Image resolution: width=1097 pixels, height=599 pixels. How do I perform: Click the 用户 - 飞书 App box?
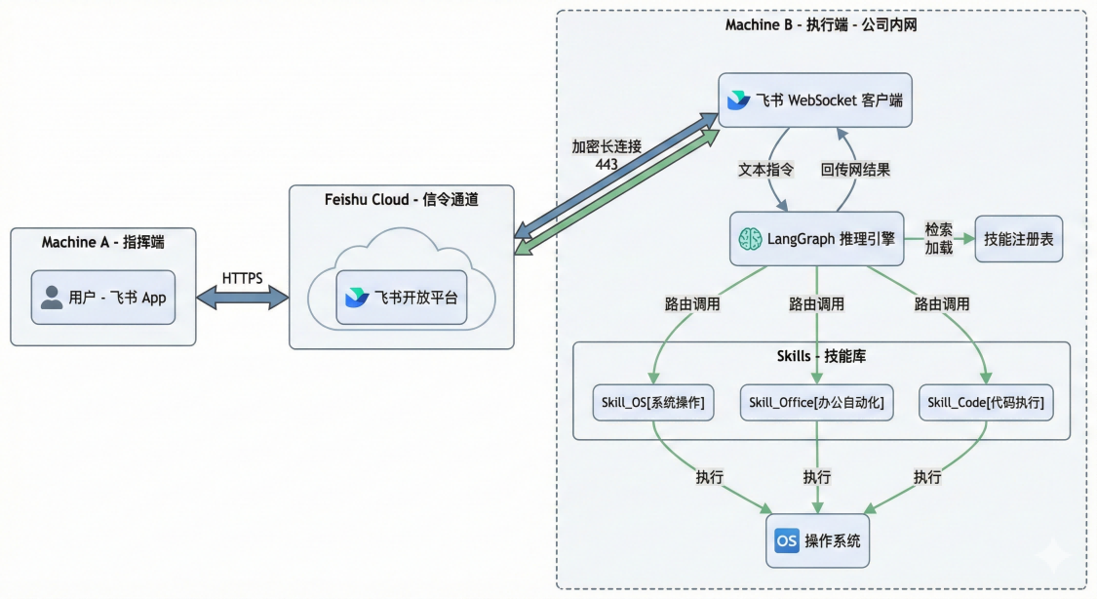click(x=103, y=298)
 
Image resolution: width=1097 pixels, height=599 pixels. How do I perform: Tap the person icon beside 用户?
click(x=52, y=298)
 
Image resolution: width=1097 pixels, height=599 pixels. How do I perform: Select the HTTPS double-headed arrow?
click(x=243, y=297)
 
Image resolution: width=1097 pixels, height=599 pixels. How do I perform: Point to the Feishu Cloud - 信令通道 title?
click(x=402, y=200)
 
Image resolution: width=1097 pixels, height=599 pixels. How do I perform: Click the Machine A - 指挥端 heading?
click(x=103, y=242)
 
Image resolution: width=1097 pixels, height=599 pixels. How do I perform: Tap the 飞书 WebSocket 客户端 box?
click(x=815, y=100)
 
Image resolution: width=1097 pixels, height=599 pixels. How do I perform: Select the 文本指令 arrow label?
click(x=765, y=169)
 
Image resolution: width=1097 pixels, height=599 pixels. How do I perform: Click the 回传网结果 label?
click(x=855, y=169)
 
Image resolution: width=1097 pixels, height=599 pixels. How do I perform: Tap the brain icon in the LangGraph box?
click(x=749, y=238)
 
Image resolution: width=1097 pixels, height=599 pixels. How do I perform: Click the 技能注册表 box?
click(x=1019, y=238)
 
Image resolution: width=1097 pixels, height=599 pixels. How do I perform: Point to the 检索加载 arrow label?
click(x=940, y=238)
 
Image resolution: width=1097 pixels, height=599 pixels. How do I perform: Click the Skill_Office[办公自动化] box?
click(x=816, y=401)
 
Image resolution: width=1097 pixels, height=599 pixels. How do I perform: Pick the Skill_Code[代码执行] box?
click(x=986, y=401)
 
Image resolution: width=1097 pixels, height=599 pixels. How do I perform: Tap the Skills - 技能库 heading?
click(x=820, y=357)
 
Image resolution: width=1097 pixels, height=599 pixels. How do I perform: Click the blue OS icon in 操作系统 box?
click(x=786, y=540)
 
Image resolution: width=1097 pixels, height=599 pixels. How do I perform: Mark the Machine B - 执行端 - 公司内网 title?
click(x=821, y=24)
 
